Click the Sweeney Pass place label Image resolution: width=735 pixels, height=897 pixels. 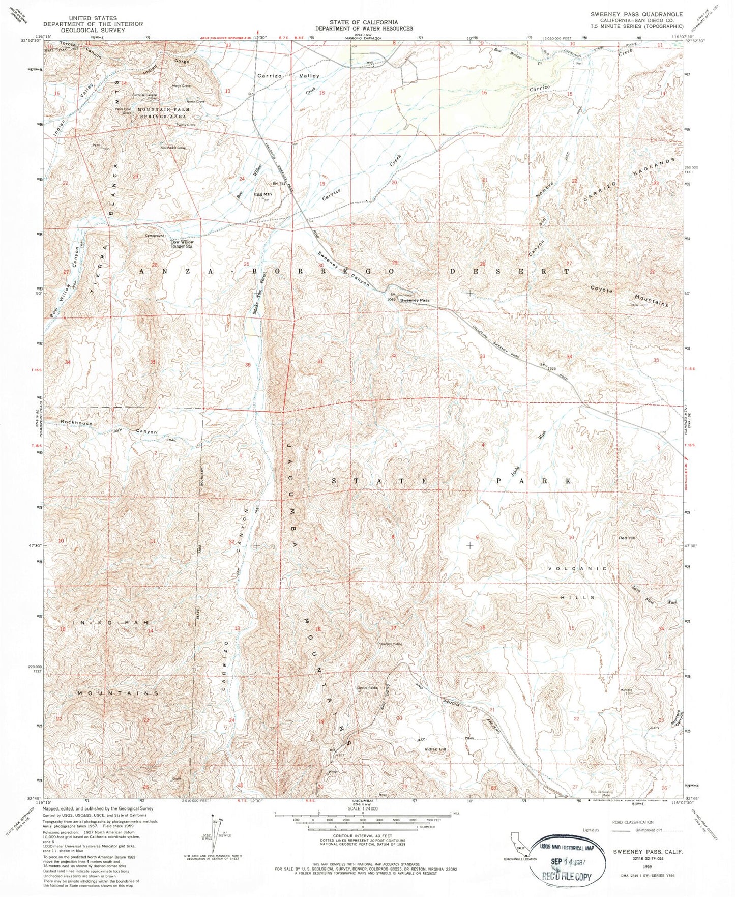coord(415,300)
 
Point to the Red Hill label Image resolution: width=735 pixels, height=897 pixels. coord(627,538)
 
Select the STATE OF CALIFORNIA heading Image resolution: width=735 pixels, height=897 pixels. coord(363,22)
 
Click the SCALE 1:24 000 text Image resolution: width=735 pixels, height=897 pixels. coord(362,808)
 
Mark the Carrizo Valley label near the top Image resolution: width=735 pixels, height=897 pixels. coord(288,75)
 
